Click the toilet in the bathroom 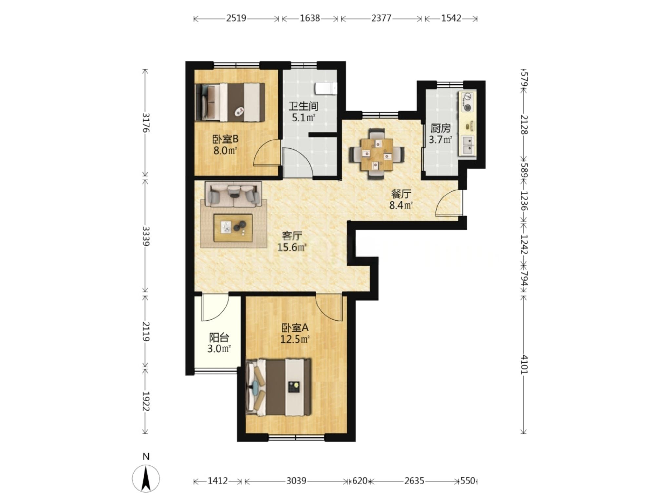pyautogui.click(x=326, y=88)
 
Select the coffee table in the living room pyautogui.click(x=233, y=228)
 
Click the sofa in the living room pyautogui.click(x=233, y=194)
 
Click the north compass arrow pyautogui.click(x=146, y=478)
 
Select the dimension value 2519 pyautogui.click(x=236, y=18)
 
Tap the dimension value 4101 pyautogui.click(x=524, y=364)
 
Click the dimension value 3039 pyautogui.click(x=296, y=481)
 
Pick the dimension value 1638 pyautogui.click(x=310, y=18)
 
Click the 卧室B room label pyautogui.click(x=225, y=140)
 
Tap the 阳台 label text pyautogui.click(x=219, y=338)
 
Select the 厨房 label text pyautogui.click(x=440, y=128)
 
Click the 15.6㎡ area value pyautogui.click(x=292, y=247)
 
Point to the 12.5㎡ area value pyautogui.click(x=295, y=339)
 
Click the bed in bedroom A pyautogui.click(x=278, y=387)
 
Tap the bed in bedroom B pyautogui.click(x=230, y=102)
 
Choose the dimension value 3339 pyautogui.click(x=146, y=236)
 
